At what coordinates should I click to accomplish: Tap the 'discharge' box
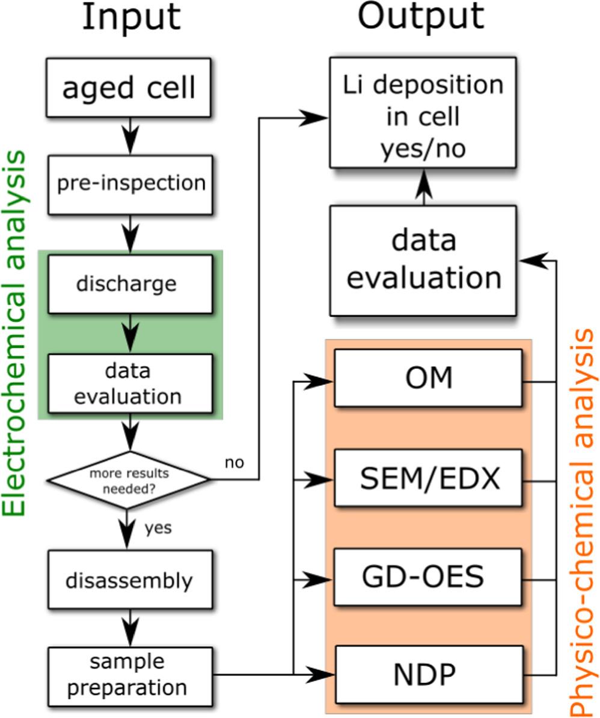point(130,283)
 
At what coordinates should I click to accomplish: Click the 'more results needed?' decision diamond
point(130,480)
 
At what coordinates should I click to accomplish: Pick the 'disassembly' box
point(130,581)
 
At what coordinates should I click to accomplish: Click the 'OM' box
point(428,379)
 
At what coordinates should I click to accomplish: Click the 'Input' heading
point(131,18)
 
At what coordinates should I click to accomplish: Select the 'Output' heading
point(421,18)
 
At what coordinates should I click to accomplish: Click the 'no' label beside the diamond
point(234,463)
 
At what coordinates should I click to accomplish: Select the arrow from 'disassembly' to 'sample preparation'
point(130,628)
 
